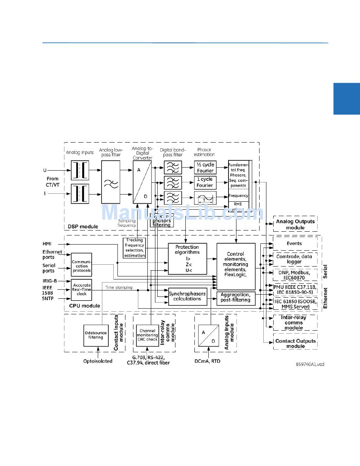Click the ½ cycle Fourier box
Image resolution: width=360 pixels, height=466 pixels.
[205, 168]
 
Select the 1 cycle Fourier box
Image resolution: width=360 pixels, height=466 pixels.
[205, 182]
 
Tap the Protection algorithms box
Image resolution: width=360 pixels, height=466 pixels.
[187, 259]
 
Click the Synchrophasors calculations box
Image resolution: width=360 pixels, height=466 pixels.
[187, 296]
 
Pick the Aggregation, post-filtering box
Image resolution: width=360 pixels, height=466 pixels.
[235, 297]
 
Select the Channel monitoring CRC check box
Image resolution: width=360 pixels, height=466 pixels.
[147, 335]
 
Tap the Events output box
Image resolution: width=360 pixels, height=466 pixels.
[294, 243]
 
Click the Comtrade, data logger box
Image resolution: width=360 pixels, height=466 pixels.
[294, 259]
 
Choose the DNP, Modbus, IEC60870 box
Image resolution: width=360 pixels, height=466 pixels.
[294, 275]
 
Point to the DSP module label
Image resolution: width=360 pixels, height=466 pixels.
[83, 227]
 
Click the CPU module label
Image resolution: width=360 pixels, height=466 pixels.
[85, 306]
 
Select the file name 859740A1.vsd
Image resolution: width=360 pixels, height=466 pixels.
[310, 364]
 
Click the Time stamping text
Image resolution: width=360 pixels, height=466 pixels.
[119, 287]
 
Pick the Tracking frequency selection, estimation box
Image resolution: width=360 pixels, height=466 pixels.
[135, 248]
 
